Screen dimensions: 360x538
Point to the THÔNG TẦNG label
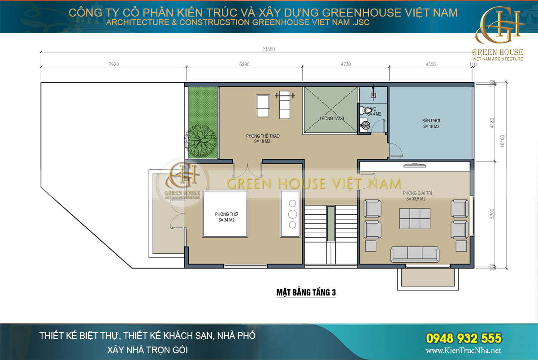tap(332, 118)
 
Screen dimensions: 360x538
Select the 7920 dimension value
tap(113, 64)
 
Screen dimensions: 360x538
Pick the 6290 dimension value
tap(244, 64)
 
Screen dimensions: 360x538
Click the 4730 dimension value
tap(345, 64)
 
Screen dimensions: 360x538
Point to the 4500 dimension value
tap(430, 64)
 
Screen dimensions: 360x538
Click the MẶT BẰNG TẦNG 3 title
tap(306, 293)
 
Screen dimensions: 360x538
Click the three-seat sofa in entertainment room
tap(414, 254)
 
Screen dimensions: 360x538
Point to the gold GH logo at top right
tap(499, 28)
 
